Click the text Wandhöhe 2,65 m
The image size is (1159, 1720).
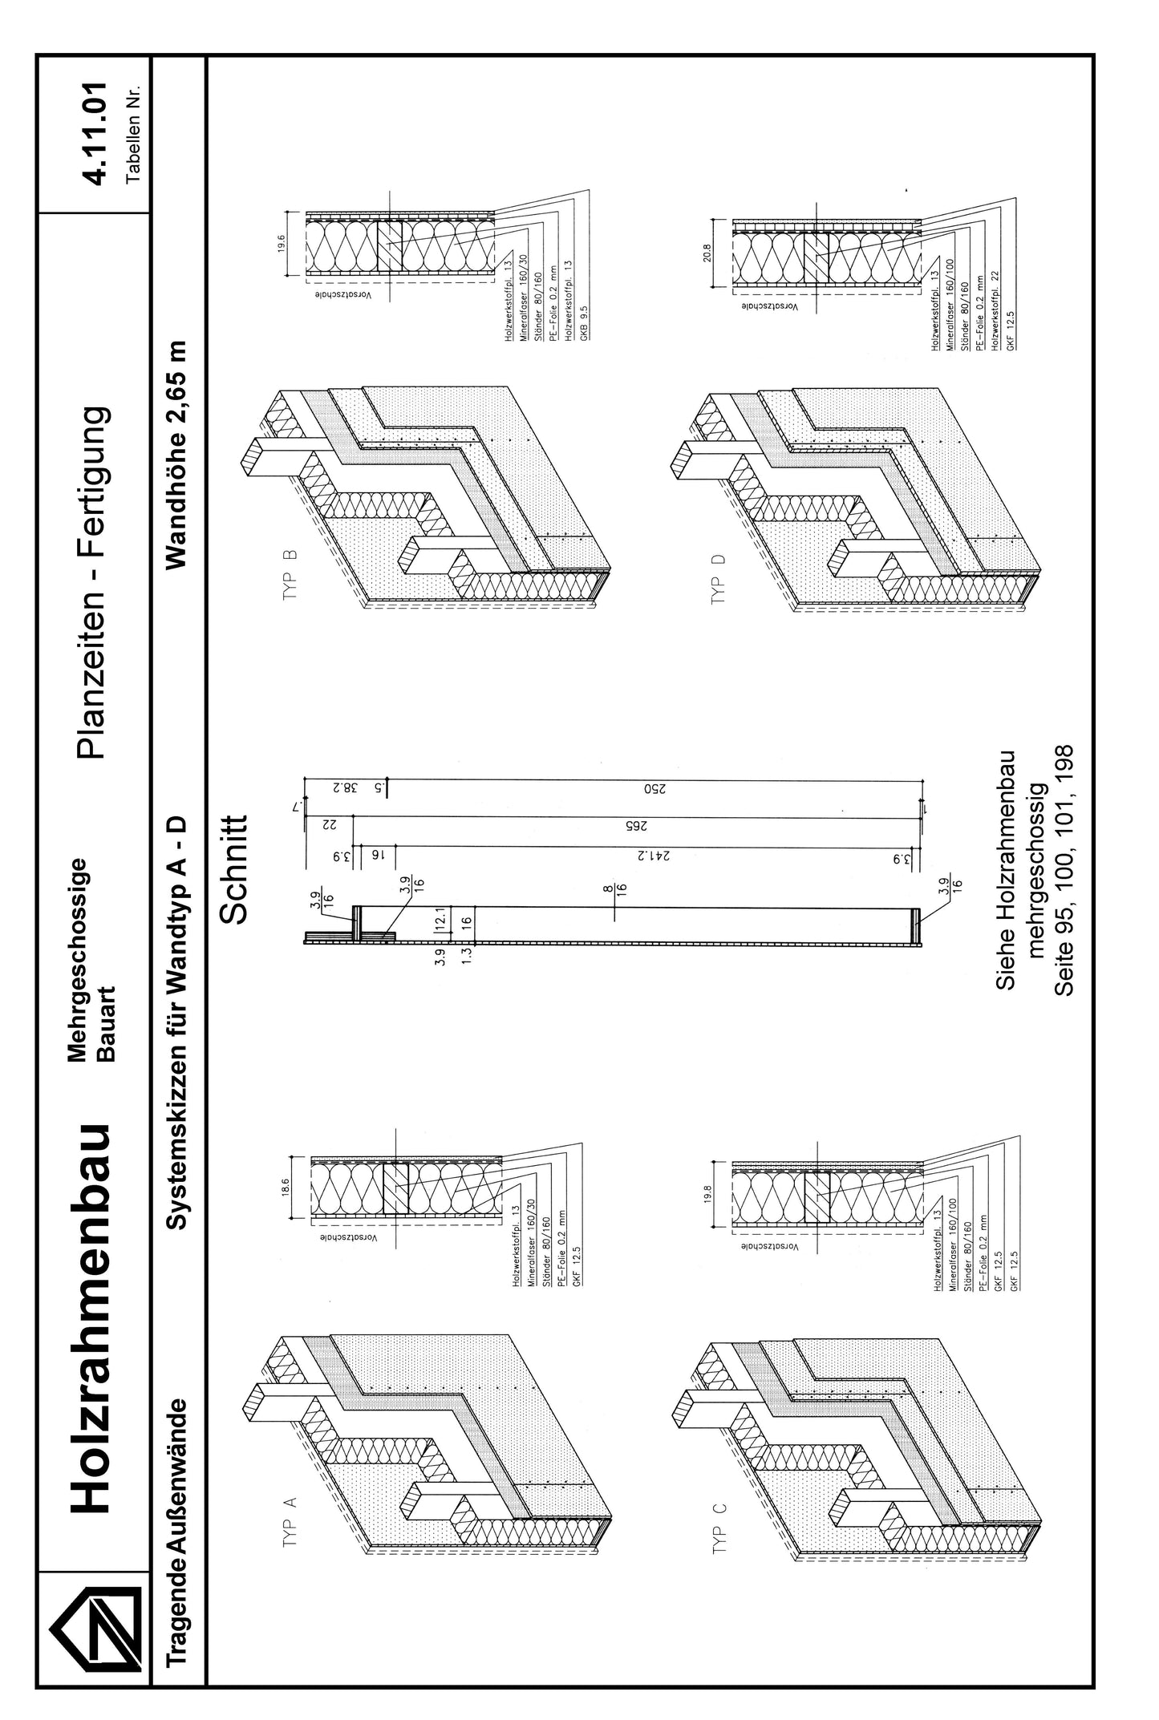pos(177,454)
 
